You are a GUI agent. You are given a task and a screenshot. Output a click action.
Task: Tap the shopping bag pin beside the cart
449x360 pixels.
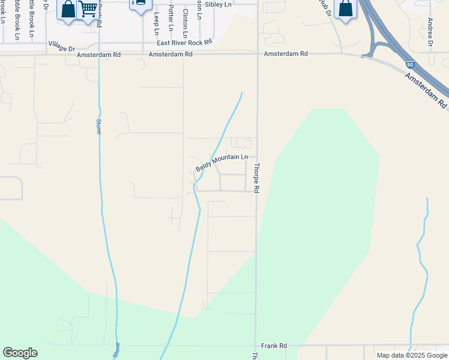(68, 10)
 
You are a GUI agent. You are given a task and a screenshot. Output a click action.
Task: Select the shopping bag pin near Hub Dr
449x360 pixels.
(345, 9)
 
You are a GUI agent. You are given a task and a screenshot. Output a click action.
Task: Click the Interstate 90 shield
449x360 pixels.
(410, 64)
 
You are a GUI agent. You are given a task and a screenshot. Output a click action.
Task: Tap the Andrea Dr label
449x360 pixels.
(430, 31)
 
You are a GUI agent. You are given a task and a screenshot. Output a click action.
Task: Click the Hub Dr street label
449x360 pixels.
(325, 6)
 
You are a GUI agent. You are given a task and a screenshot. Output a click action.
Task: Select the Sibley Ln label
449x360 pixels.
(218, 4)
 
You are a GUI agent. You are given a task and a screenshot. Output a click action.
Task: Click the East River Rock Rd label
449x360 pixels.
(184, 43)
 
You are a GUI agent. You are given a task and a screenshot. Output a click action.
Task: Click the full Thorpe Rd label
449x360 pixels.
(256, 178)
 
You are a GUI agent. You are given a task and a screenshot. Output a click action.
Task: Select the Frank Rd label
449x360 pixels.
(274, 346)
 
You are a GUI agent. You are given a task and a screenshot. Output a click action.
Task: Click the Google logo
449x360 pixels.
(20, 353)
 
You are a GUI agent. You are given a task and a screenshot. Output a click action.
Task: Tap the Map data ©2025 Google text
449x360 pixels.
(411, 355)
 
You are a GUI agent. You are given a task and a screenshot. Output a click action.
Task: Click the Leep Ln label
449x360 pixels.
(157, 23)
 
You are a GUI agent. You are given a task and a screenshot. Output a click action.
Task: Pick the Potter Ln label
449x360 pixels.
(171, 18)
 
